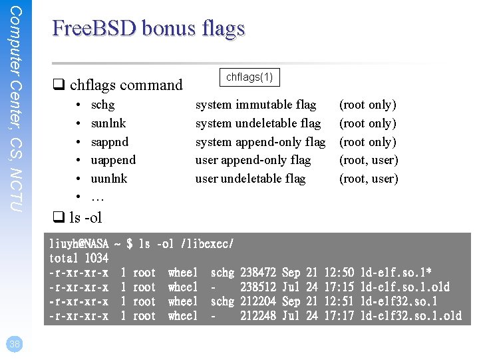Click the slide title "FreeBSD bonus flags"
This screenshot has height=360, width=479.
(x=148, y=29)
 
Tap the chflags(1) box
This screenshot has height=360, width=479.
(x=249, y=77)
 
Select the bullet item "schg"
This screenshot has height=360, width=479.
(x=102, y=105)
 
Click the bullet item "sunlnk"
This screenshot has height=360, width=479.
(x=108, y=123)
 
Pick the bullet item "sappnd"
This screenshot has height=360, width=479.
(x=110, y=142)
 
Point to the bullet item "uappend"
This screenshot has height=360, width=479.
(x=113, y=160)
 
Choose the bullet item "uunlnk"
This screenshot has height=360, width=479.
(x=109, y=179)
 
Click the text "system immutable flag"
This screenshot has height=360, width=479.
(x=255, y=105)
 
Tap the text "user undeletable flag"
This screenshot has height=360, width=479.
(x=250, y=179)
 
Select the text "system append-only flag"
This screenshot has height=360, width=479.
(x=260, y=142)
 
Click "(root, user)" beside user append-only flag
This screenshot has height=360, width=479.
(x=369, y=160)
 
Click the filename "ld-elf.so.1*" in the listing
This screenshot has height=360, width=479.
(x=395, y=273)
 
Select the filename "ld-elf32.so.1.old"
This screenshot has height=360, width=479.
(x=410, y=316)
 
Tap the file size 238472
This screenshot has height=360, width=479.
(x=258, y=273)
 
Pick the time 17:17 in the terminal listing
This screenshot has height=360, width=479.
(x=338, y=316)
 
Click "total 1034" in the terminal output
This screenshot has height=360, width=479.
(x=79, y=258)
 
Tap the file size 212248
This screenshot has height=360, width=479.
(x=258, y=316)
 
